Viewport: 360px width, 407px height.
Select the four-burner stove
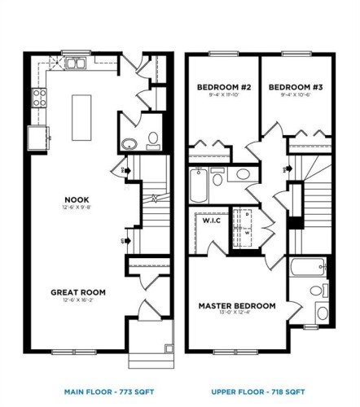pos(38,98)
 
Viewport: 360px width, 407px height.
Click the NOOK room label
pos(78,199)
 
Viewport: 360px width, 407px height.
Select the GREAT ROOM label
pos(78,291)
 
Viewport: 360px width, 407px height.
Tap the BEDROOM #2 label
pos(221,86)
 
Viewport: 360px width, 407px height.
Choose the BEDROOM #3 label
pos(292,86)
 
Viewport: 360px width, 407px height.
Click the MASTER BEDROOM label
pos(237,306)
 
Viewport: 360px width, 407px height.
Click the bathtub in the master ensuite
pos(309,265)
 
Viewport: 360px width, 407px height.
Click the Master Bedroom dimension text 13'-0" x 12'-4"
pos(237,314)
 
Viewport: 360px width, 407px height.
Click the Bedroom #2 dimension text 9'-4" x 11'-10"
pos(221,95)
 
